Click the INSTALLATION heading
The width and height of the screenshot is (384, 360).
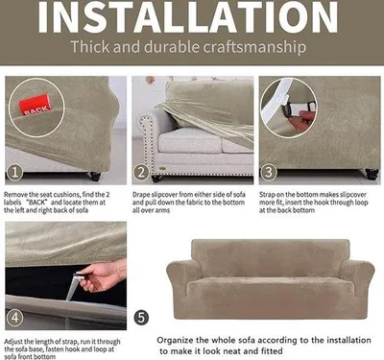point(188,16)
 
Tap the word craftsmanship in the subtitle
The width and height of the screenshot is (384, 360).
point(254,47)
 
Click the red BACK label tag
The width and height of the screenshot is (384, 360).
point(36,105)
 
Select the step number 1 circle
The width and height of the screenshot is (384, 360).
point(15,173)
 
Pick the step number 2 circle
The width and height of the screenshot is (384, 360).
point(141,173)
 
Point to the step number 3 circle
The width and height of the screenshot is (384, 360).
point(268,173)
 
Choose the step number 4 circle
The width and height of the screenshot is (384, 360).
point(15,318)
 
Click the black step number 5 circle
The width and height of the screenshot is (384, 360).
point(141,318)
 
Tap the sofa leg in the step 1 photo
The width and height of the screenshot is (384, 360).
point(95,176)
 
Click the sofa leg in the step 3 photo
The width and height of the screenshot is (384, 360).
point(372,174)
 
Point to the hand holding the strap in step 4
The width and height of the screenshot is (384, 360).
point(104,276)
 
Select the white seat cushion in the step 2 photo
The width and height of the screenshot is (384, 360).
point(189,140)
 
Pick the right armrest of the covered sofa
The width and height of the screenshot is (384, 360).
point(358,285)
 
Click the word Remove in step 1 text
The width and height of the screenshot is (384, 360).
point(15,195)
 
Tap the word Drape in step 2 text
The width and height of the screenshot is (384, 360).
point(141,195)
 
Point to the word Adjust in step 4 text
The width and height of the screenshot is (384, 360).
point(13,342)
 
